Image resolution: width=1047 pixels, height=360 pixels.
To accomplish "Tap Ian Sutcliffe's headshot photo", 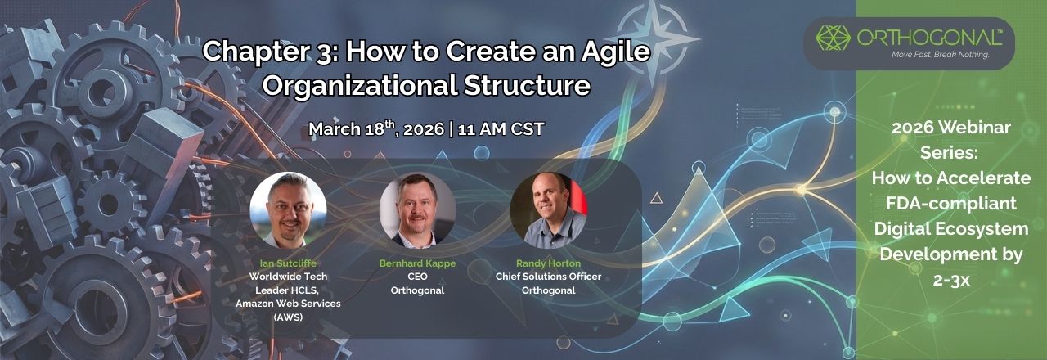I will pyautogui.click(x=288, y=210).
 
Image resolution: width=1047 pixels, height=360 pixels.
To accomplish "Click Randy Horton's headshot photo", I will pyautogui.click(x=548, y=210).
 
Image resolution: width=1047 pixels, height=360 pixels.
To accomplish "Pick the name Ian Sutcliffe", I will pyautogui.click(x=288, y=263).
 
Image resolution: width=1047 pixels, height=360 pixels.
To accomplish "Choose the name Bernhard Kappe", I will pyautogui.click(x=417, y=263).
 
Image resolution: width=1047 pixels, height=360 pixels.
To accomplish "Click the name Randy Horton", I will pyautogui.click(x=548, y=263).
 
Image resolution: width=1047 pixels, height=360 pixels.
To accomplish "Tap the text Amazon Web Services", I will pyautogui.click(x=288, y=304).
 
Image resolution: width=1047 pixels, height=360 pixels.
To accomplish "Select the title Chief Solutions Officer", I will pyautogui.click(x=548, y=277).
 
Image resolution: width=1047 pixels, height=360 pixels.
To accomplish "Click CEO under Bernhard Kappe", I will pyautogui.click(x=417, y=277).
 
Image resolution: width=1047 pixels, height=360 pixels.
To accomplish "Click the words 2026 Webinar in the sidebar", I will pyautogui.click(x=951, y=128).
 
